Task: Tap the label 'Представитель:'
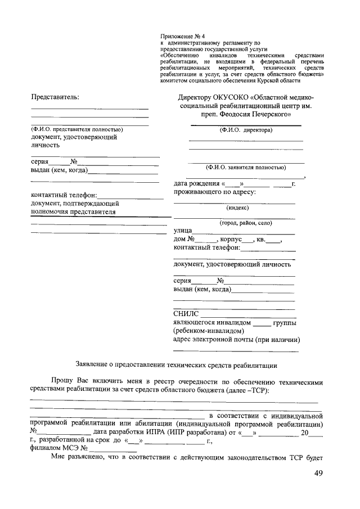pos(55,97)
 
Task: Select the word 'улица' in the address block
pos(183,231)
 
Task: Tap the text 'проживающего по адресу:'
pos(214,192)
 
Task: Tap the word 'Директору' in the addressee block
pos(196,97)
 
